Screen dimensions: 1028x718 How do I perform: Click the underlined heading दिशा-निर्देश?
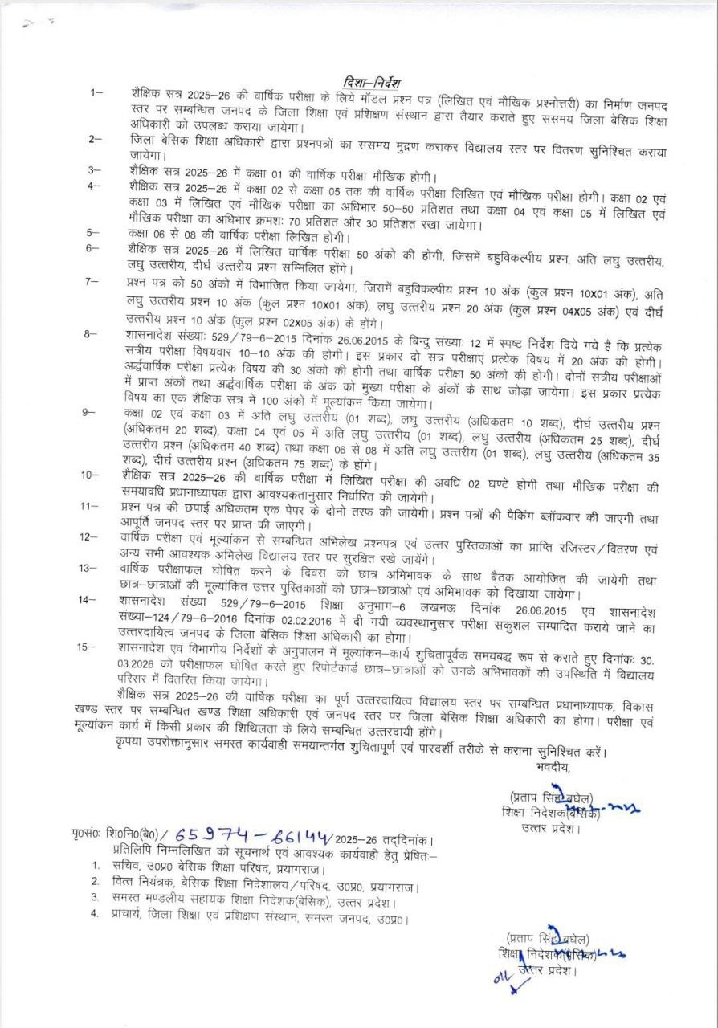coord(370,82)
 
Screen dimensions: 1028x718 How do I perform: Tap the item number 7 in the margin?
coord(95,282)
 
